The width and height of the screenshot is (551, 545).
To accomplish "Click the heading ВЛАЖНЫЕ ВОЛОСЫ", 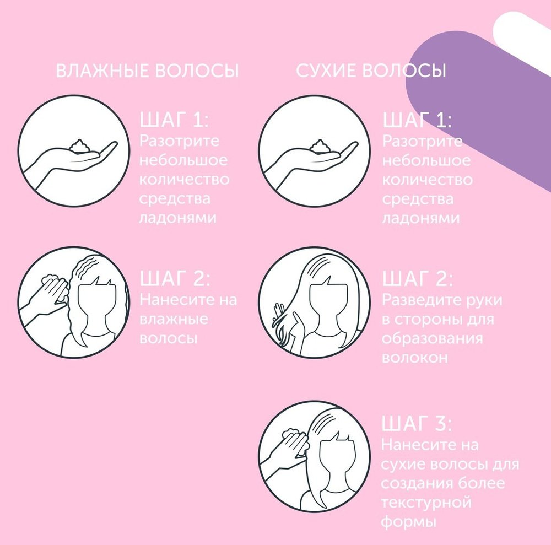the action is pyautogui.click(x=147, y=71).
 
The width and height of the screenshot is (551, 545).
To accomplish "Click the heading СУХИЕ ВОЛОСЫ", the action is pyautogui.click(x=371, y=71).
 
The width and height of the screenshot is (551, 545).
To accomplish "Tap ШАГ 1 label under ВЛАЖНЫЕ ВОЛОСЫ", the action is pyautogui.click(x=174, y=120).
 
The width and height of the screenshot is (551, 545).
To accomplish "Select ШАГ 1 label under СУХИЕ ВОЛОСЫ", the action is pyautogui.click(x=417, y=120).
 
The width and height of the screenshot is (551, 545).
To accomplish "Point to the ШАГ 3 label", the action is pyautogui.click(x=417, y=423).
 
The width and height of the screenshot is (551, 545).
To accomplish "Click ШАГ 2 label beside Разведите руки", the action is pyautogui.click(x=418, y=279).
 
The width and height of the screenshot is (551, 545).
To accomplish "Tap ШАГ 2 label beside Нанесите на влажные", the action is pyautogui.click(x=175, y=279).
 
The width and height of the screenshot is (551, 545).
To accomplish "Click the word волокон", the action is pyautogui.click(x=415, y=358).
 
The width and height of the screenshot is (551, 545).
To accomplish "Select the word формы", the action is pyautogui.click(x=408, y=522).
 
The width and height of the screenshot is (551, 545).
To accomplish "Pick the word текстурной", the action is pyautogui.click(x=426, y=503).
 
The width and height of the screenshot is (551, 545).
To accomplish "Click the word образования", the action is pyautogui.click(x=432, y=339).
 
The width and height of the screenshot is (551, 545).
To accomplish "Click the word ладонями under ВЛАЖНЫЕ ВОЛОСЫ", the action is pyautogui.click(x=178, y=218).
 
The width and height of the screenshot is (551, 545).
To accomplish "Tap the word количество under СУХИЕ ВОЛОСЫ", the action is pyautogui.click(x=428, y=180).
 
